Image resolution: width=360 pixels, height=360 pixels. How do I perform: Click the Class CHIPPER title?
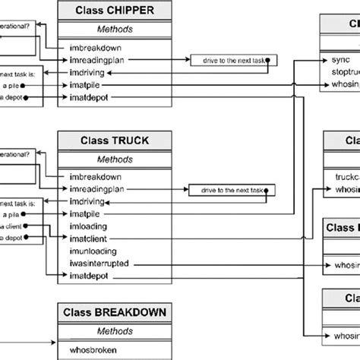(114, 11)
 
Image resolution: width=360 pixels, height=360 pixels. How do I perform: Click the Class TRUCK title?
(114, 141)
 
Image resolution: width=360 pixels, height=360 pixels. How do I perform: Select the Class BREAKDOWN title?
(114, 312)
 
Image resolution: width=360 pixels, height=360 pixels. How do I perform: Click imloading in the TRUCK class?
(89, 226)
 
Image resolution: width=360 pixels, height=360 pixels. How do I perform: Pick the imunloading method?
(93, 250)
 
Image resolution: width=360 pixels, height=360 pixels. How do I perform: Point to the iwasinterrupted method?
(98, 263)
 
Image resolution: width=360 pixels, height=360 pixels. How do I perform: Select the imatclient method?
(89, 238)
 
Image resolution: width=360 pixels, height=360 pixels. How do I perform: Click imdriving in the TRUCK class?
(87, 201)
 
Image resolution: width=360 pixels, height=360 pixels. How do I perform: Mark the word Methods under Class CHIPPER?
(114, 29)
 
